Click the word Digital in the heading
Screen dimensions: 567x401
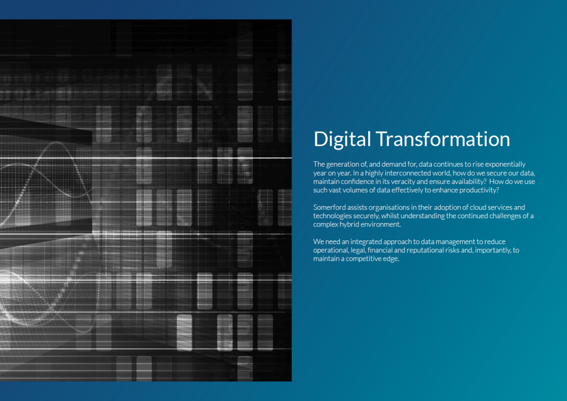[x=342, y=140]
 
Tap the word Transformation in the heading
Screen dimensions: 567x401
[x=443, y=139]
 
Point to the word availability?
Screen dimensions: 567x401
[x=467, y=182]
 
